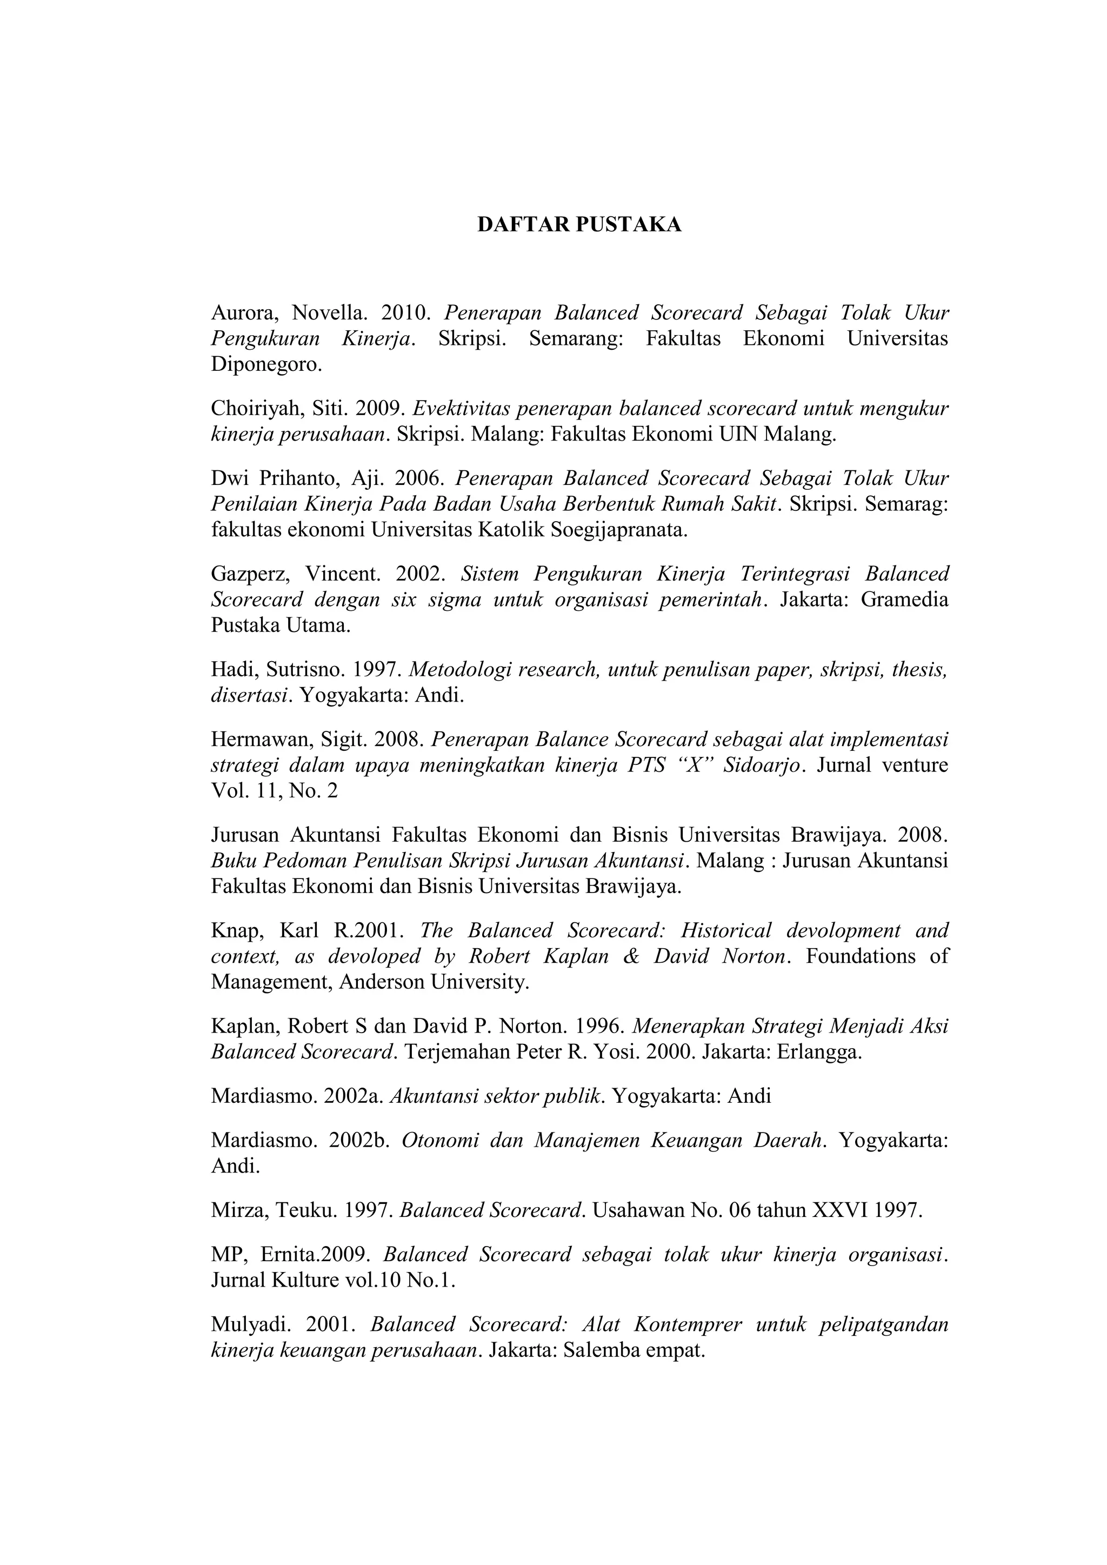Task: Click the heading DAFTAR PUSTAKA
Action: [579, 225]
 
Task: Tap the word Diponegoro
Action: [266, 365]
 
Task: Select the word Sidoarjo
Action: [763, 765]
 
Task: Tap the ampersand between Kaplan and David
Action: [631, 956]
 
